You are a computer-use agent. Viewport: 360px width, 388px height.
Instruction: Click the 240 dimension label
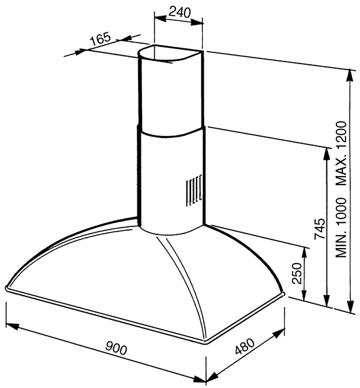[180, 12]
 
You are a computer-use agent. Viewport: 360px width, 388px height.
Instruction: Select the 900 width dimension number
[117, 348]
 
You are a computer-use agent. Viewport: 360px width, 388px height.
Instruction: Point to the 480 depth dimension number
[245, 346]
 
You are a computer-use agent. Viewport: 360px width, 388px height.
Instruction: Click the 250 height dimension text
[297, 273]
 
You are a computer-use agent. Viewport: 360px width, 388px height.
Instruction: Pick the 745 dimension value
[319, 228]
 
